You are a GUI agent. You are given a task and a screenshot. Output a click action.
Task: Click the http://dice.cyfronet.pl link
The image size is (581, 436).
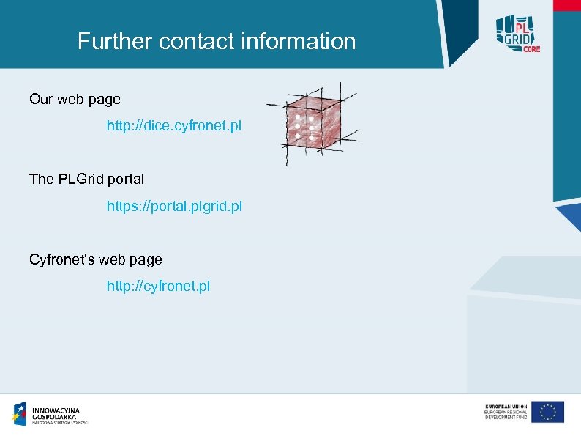[173, 126]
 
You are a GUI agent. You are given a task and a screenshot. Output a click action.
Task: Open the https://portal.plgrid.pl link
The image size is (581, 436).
[174, 207]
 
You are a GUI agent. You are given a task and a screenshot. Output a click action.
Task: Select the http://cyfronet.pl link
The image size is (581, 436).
[158, 286]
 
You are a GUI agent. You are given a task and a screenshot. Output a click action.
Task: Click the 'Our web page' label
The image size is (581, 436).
[75, 99]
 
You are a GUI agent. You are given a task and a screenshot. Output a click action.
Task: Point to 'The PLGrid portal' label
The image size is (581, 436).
[86, 179]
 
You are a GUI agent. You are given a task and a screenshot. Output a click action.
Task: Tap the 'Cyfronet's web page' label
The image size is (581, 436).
[96, 259]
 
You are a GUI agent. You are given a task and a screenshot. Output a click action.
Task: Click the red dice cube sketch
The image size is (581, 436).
[312, 125]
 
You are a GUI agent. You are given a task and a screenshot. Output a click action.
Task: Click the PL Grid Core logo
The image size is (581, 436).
[517, 32]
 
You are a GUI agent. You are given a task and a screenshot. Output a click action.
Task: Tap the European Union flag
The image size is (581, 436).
[547, 412]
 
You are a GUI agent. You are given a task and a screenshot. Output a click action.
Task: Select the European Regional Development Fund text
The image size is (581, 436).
[505, 412]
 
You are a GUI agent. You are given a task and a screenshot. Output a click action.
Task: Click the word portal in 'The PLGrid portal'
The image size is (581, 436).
[126, 179]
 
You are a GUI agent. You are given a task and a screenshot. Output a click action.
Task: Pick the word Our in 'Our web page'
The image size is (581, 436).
[41, 99]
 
